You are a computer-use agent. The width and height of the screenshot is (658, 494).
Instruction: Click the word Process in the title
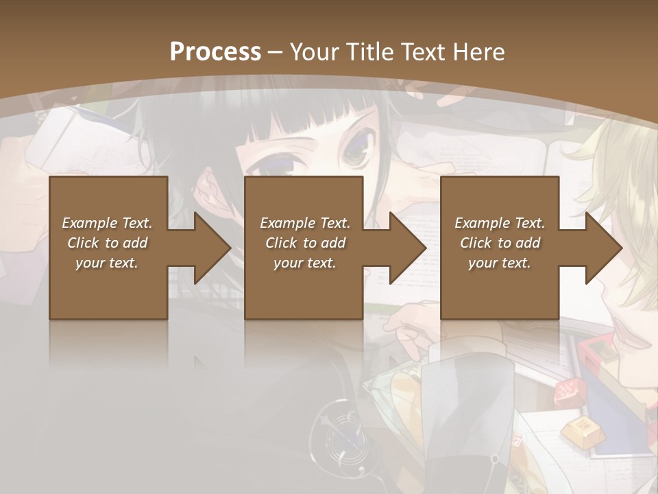pos(215,51)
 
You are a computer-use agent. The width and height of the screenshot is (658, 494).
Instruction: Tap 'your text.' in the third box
pos(500,263)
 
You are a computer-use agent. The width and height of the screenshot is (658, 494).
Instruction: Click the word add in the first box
pos(135,243)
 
